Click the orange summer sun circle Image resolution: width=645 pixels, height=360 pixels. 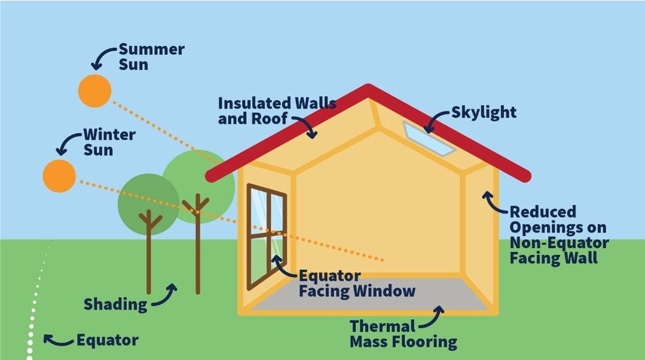pyautogui.click(x=94, y=91)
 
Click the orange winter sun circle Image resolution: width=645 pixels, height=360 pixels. pyautogui.click(x=59, y=176)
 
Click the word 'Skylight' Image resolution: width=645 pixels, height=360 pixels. pyautogui.click(x=484, y=112)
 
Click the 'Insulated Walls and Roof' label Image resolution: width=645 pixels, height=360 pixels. pyautogui.click(x=276, y=111)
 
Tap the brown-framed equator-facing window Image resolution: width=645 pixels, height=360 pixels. pyautogui.click(x=267, y=236)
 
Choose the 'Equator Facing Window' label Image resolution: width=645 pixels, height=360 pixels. pyautogui.click(x=356, y=284)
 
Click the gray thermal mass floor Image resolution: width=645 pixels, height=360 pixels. pyautogui.click(x=371, y=294)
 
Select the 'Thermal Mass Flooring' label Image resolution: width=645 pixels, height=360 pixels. pyautogui.click(x=403, y=334)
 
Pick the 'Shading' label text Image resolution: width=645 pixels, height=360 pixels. pyautogui.click(x=115, y=304)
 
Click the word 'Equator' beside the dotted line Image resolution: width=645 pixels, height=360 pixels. pyautogui.click(x=107, y=341)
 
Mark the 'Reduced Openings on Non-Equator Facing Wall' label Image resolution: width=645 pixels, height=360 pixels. pyautogui.click(x=558, y=235)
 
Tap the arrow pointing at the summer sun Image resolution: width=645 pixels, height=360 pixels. pyautogui.click(x=102, y=57)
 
